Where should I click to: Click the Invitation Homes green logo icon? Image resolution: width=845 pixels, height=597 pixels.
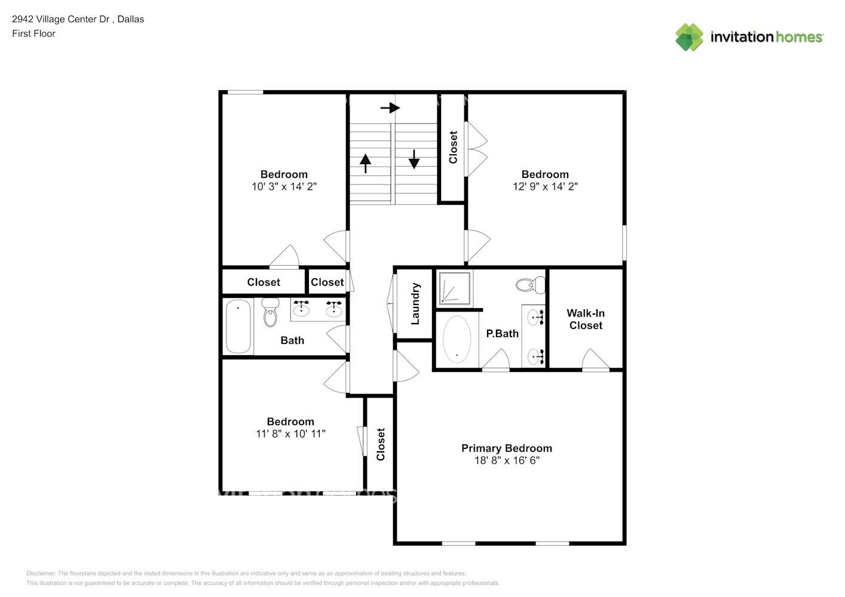689,37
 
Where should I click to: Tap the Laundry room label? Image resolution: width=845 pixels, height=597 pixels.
415,304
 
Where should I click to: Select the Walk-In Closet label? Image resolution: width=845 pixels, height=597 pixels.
586,319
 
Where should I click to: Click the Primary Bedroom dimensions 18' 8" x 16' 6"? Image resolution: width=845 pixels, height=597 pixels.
507,461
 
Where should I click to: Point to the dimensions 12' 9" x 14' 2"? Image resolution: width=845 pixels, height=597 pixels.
545,187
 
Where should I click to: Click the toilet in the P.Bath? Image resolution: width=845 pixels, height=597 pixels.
531,285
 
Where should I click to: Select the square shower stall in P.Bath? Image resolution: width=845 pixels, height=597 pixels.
455,288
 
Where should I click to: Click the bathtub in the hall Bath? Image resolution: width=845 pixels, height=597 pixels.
238,326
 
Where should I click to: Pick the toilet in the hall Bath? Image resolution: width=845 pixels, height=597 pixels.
270,312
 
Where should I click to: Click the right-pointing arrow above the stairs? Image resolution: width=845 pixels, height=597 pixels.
390,108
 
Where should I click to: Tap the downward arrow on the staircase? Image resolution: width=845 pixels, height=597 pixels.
414,159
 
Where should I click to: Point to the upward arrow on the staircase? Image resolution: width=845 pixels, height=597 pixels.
365,162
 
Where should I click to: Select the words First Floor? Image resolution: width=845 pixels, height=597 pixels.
33,34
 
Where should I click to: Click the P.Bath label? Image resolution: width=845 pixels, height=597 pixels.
502,334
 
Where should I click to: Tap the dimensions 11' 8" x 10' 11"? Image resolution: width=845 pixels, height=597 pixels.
290,434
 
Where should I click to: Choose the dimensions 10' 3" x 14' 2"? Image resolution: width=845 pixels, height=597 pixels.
284,187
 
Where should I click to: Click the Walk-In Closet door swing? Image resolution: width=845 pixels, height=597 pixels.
595,361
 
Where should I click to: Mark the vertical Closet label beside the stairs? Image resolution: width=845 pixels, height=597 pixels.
453,147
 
